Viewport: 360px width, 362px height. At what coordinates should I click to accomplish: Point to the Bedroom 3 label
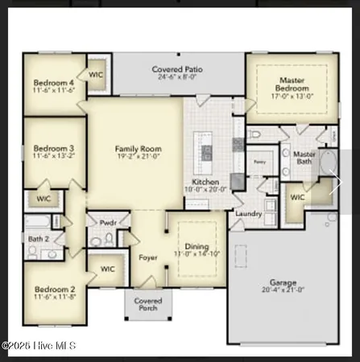tap(54, 148)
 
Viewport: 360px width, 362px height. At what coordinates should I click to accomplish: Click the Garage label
tap(283, 282)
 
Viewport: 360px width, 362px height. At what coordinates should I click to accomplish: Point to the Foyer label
tap(147, 258)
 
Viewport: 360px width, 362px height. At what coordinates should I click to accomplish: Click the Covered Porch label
tap(147, 305)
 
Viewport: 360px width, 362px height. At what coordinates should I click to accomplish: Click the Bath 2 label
tap(37, 239)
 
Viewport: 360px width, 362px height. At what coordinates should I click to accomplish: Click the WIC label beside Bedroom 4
tap(97, 74)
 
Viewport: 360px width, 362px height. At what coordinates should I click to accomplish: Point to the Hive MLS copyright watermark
tap(39, 345)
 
